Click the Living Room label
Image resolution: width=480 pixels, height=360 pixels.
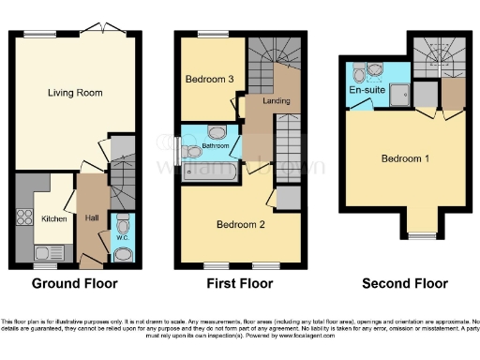pos(76,93)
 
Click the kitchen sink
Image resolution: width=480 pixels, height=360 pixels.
pos(47,251)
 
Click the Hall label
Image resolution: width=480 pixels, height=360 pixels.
pos(91,217)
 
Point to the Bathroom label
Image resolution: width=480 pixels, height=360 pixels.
pos(215,147)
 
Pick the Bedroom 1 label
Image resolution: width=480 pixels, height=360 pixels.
pos(405,158)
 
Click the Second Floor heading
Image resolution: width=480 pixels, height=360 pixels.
pos(405,283)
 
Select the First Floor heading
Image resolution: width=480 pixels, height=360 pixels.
pos(239,283)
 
